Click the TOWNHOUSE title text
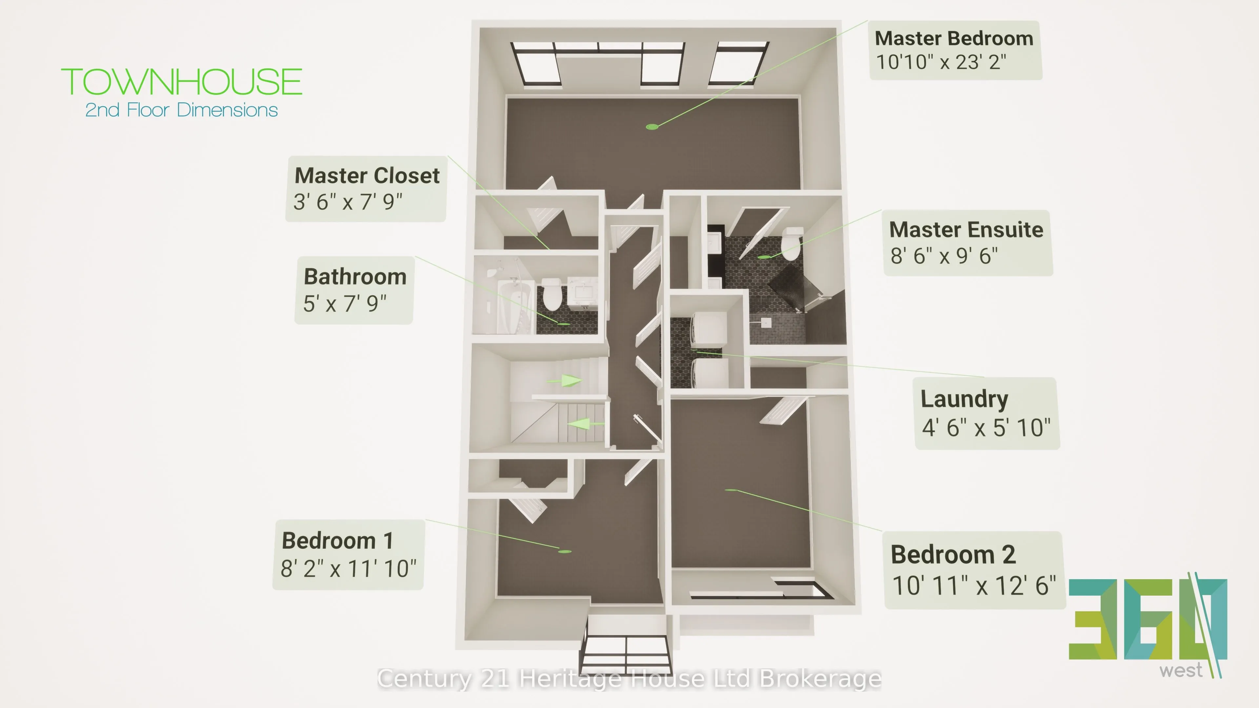tap(181, 82)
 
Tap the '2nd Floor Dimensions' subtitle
tap(181, 110)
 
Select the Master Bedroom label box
tap(955, 50)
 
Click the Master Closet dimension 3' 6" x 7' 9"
tap(348, 201)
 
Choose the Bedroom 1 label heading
tap(337, 541)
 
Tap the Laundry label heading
tap(964, 400)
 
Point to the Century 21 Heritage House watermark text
tap(629, 679)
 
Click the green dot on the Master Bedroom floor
tap(652, 127)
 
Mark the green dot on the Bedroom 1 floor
tap(565, 552)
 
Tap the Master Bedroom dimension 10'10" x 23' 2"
tap(941, 62)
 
